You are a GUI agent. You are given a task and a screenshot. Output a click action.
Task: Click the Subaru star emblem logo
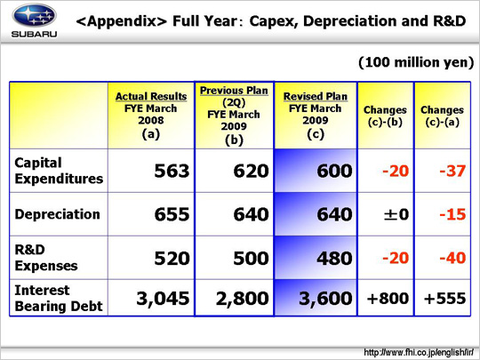[35, 16]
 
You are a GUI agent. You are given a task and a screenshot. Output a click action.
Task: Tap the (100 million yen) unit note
[416, 62]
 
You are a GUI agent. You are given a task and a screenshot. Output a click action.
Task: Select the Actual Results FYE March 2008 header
[151, 115]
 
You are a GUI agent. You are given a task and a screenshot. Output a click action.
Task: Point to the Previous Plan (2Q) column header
[234, 115]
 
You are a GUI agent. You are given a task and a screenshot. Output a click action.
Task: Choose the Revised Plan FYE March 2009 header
[316, 115]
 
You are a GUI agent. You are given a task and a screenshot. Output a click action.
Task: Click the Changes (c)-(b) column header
[385, 116]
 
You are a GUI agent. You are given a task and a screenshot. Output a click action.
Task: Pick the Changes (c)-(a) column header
[442, 116]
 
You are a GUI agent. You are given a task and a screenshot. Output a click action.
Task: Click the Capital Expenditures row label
[59, 171]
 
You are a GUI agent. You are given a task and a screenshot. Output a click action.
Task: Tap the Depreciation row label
[58, 214]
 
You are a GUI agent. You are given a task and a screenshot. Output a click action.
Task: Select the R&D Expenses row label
[46, 258]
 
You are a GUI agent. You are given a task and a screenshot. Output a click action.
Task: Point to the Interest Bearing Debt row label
[59, 298]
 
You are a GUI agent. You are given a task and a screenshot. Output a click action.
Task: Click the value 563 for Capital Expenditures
[172, 171]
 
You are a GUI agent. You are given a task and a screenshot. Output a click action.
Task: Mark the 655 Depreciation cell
[172, 214]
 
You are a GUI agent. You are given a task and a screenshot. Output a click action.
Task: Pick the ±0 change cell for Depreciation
[396, 214]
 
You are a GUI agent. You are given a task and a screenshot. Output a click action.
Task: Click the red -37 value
[452, 171]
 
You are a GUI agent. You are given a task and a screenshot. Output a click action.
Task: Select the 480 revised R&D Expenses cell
[334, 258]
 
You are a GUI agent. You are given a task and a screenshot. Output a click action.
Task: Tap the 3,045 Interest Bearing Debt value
[163, 299]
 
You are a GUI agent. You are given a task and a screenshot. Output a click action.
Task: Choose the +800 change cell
[388, 299]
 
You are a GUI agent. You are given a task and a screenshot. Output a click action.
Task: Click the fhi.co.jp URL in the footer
[419, 352]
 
